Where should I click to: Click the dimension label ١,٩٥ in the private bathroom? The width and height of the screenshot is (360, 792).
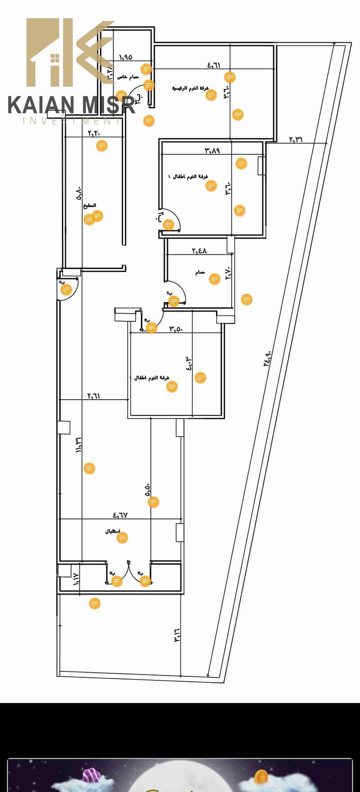(x=126, y=57)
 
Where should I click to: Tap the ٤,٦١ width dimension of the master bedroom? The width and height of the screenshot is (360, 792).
(x=214, y=65)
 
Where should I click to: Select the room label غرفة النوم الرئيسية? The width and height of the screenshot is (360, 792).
(x=190, y=88)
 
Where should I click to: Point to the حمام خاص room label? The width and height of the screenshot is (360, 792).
(x=128, y=77)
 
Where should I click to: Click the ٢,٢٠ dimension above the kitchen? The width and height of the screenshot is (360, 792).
(x=94, y=133)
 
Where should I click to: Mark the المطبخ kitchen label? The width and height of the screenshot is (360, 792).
(x=90, y=206)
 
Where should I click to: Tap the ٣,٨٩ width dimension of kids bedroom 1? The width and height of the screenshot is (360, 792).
(x=212, y=150)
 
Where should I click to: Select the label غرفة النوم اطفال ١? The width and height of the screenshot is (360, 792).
(x=188, y=177)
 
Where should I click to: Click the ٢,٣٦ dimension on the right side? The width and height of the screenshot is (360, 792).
(x=296, y=139)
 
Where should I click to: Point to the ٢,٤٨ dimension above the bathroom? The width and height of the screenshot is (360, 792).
(x=199, y=251)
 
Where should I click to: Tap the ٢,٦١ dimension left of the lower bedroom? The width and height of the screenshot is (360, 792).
(x=94, y=396)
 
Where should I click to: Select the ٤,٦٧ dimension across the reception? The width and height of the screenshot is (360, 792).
(x=120, y=515)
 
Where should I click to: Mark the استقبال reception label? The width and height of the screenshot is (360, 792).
(x=112, y=531)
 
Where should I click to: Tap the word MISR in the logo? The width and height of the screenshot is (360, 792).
(x=108, y=105)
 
